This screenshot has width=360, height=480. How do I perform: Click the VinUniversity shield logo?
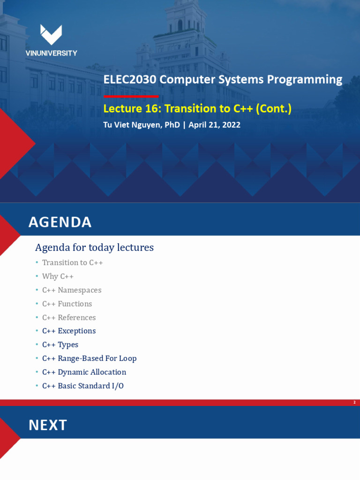pos(51,35)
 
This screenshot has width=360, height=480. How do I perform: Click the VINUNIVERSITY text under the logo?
pos(51,53)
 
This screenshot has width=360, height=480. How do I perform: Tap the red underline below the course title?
pos(131,96)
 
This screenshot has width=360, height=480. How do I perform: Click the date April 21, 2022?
pos(214,125)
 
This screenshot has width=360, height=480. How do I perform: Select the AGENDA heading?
pos(60,222)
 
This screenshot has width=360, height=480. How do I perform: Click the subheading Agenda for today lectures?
pos(94,247)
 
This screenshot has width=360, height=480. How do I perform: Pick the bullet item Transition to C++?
pos(72,262)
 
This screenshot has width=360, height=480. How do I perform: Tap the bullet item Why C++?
pos(58,277)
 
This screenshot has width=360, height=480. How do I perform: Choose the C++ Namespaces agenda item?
pos(71,290)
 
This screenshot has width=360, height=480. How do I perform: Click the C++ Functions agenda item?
pos(67,304)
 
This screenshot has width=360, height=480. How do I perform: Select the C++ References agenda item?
pos(68,317)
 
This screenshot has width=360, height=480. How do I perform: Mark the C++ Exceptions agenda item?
pos(68,331)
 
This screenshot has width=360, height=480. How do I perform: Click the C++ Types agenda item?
pos(60,345)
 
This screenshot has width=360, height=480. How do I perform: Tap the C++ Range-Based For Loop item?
pos(89,359)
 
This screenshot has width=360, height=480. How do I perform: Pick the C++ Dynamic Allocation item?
pos(84,372)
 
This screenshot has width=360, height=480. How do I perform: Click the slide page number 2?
pos(354,403)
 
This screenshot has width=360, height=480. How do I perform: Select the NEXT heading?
pos(48,425)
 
